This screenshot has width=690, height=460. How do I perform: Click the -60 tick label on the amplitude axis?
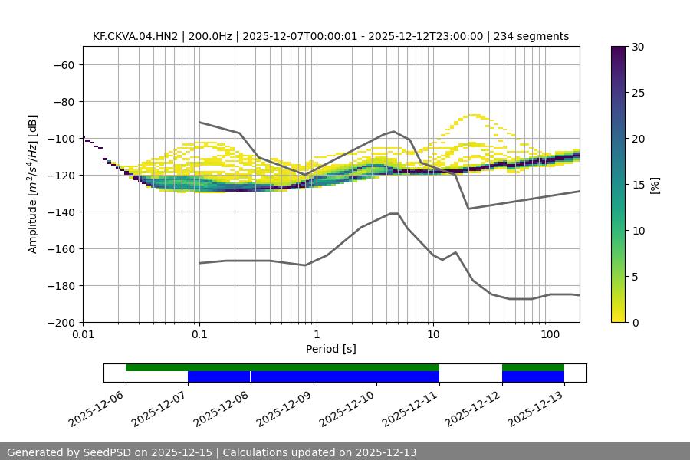pos(63,64)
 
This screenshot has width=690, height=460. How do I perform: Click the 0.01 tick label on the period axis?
pos(83,335)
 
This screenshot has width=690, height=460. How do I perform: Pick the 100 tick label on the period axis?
pos(549,335)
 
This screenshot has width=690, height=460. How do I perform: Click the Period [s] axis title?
pos(330,349)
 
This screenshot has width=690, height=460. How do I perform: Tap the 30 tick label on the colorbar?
pos(638,47)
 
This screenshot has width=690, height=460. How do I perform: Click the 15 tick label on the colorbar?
pos(638,185)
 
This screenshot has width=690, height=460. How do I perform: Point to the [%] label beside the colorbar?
pos(655,185)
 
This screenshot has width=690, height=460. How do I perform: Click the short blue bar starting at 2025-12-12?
pos(533,376)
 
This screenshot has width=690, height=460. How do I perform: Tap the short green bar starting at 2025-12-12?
pos(533,367)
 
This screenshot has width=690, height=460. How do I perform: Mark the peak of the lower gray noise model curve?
pos(394,213)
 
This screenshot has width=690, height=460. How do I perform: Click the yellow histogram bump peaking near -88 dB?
pos(475,116)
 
